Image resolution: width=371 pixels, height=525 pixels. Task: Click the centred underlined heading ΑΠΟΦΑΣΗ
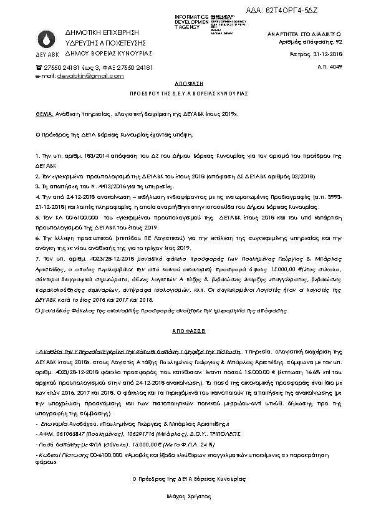185,82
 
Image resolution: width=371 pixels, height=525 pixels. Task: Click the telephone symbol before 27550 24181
39,66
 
